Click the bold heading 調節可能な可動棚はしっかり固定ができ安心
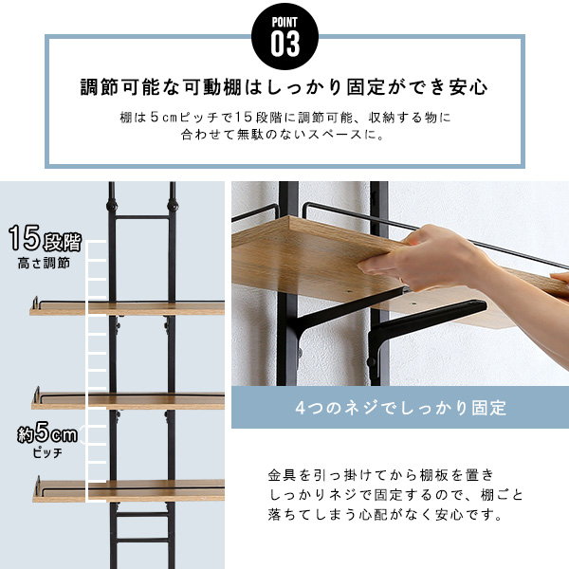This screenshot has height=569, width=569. [x=284, y=88]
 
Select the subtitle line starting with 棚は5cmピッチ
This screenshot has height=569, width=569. [x=284, y=118]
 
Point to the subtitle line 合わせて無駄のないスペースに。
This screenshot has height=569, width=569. [x=284, y=135]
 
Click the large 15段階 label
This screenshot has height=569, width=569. [x=45, y=238]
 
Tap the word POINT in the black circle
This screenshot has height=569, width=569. [x=284, y=20]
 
